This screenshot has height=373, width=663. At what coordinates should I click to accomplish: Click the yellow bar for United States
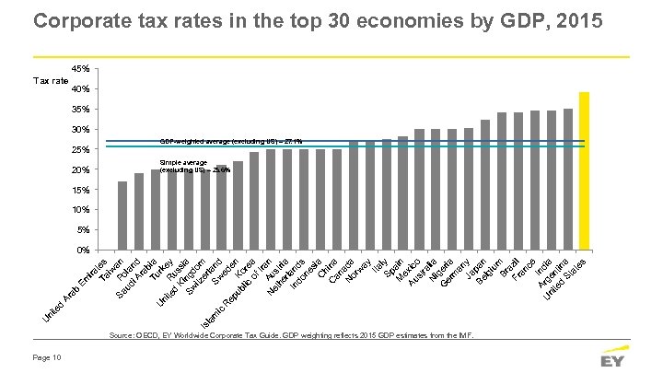coord(583,170)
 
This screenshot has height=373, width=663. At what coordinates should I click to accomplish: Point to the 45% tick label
coord(80,69)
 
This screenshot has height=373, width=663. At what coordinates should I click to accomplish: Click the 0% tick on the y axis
coord(82,250)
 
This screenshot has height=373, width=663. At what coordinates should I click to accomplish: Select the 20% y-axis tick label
coord(80,169)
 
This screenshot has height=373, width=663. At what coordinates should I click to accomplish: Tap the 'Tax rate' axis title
coord(47,81)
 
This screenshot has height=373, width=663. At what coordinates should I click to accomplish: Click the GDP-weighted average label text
coord(229,141)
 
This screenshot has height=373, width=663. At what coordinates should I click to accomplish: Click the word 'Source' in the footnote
coord(122,336)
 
